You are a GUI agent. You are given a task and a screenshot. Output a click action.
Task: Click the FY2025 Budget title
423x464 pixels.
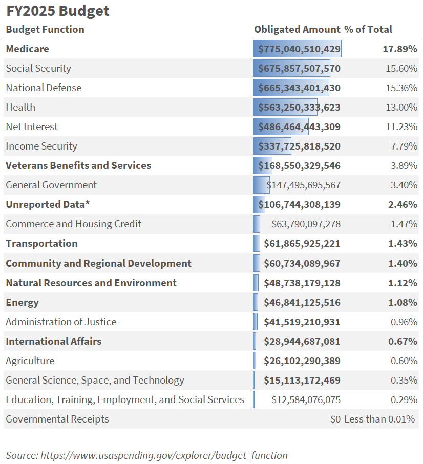(57, 11)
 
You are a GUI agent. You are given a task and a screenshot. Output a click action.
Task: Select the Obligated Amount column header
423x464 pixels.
(297, 29)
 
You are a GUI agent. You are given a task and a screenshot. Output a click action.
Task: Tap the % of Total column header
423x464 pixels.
(368, 29)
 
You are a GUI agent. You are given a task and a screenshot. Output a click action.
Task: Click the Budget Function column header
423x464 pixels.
(45, 29)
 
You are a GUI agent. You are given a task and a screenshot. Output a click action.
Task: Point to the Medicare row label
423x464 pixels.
(27, 49)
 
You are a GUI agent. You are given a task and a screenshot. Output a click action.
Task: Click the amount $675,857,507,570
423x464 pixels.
(300, 69)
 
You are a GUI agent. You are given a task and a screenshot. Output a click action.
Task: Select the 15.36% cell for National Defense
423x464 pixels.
(401, 88)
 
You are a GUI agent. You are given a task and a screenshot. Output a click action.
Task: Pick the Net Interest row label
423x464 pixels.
(32, 127)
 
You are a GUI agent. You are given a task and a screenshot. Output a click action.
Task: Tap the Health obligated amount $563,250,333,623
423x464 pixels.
(300, 108)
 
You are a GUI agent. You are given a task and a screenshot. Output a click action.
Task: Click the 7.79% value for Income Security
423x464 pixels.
(404, 146)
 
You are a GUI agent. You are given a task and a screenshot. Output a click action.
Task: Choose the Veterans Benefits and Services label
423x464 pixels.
(78, 166)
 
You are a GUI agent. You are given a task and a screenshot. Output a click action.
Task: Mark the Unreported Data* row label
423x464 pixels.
(48, 205)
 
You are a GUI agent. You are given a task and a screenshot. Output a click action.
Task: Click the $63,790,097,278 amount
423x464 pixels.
(306, 224)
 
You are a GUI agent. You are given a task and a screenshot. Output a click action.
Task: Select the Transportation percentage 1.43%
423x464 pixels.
(403, 244)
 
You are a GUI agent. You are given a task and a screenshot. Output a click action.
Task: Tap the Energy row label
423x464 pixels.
(22, 303)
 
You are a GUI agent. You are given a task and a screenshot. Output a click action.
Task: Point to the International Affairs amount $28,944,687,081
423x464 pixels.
(302, 342)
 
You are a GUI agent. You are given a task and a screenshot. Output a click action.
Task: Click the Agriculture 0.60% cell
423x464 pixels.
(404, 361)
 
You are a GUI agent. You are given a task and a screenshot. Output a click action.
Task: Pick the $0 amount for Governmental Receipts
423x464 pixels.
(335, 419)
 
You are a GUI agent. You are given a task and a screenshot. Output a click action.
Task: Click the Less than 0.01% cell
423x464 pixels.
(379, 419)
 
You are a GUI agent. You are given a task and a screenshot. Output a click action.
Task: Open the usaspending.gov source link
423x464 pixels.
(164, 455)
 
